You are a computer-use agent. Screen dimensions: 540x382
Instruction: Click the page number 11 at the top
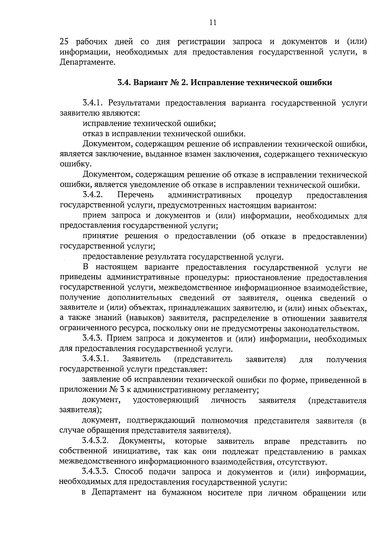coord(213,22)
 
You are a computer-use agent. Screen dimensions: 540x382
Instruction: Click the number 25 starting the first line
coord(65,42)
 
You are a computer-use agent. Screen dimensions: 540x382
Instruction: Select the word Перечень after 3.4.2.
coord(136,194)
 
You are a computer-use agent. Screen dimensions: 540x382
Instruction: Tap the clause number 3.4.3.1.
coord(96,359)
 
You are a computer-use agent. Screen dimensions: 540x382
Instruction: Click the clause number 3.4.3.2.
coord(96,441)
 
